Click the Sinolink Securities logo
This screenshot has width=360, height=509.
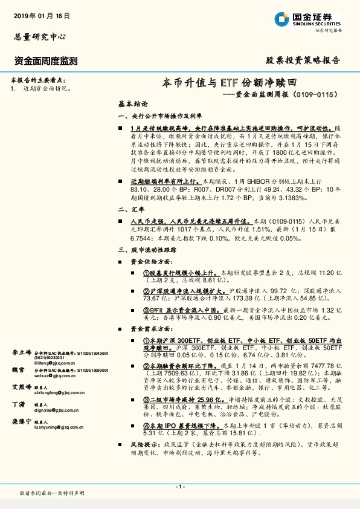click(308, 19)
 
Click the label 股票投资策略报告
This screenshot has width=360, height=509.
click(303, 60)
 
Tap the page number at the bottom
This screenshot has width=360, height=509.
click(179, 486)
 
